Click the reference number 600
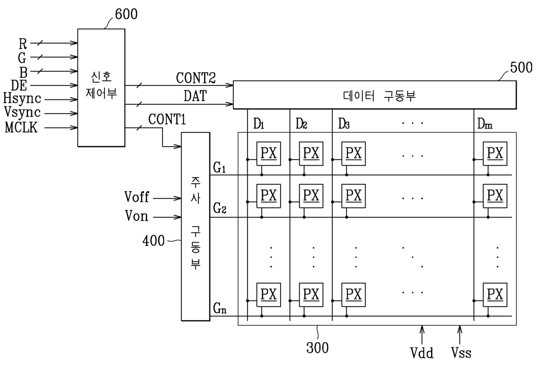126,14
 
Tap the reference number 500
521,67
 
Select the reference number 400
153,240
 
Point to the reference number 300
317,348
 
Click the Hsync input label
22,99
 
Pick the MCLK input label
21,127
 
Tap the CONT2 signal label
196,78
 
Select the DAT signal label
195,96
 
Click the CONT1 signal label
167,119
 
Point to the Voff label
137,197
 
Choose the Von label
137,216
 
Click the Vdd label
422,353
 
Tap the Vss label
461,353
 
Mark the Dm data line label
485,124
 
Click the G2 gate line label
220,208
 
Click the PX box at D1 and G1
268,154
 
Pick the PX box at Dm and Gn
495,294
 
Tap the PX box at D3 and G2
354,196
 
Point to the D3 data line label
344,124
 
